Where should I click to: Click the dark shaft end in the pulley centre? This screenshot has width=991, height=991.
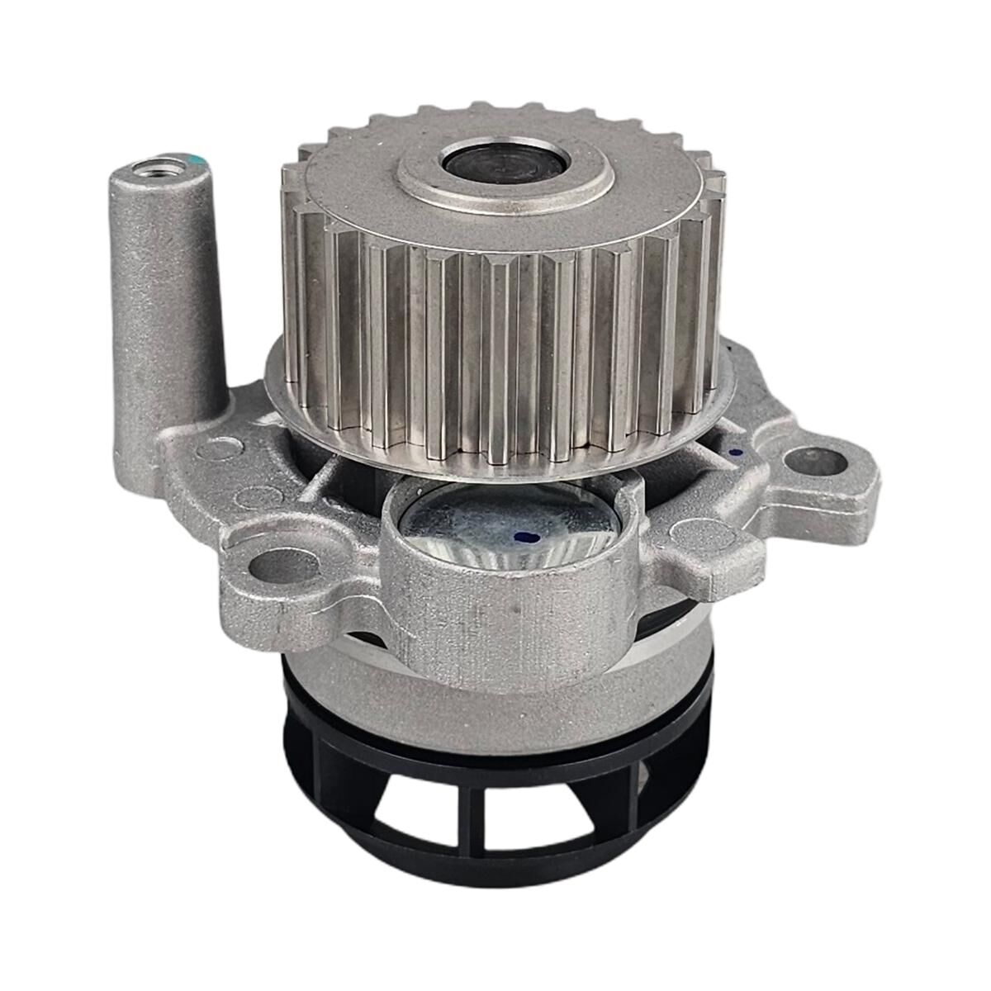click(x=505, y=165)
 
